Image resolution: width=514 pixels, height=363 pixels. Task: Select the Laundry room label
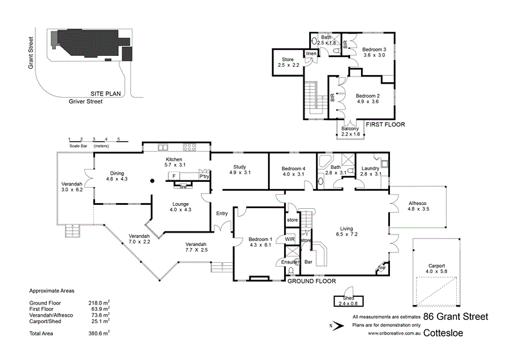coord(371,168)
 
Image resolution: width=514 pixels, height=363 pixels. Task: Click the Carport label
coord(436,265)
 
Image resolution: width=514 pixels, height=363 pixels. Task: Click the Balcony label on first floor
coord(350,128)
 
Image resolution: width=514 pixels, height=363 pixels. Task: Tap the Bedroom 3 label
coord(373,49)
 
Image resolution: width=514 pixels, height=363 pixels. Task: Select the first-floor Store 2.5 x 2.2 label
coord(288,60)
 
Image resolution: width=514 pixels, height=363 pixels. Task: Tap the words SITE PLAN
coord(106,93)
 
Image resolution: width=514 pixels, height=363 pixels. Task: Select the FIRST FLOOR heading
coord(385,125)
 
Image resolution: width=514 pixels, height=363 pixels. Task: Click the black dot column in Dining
coord(152,181)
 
